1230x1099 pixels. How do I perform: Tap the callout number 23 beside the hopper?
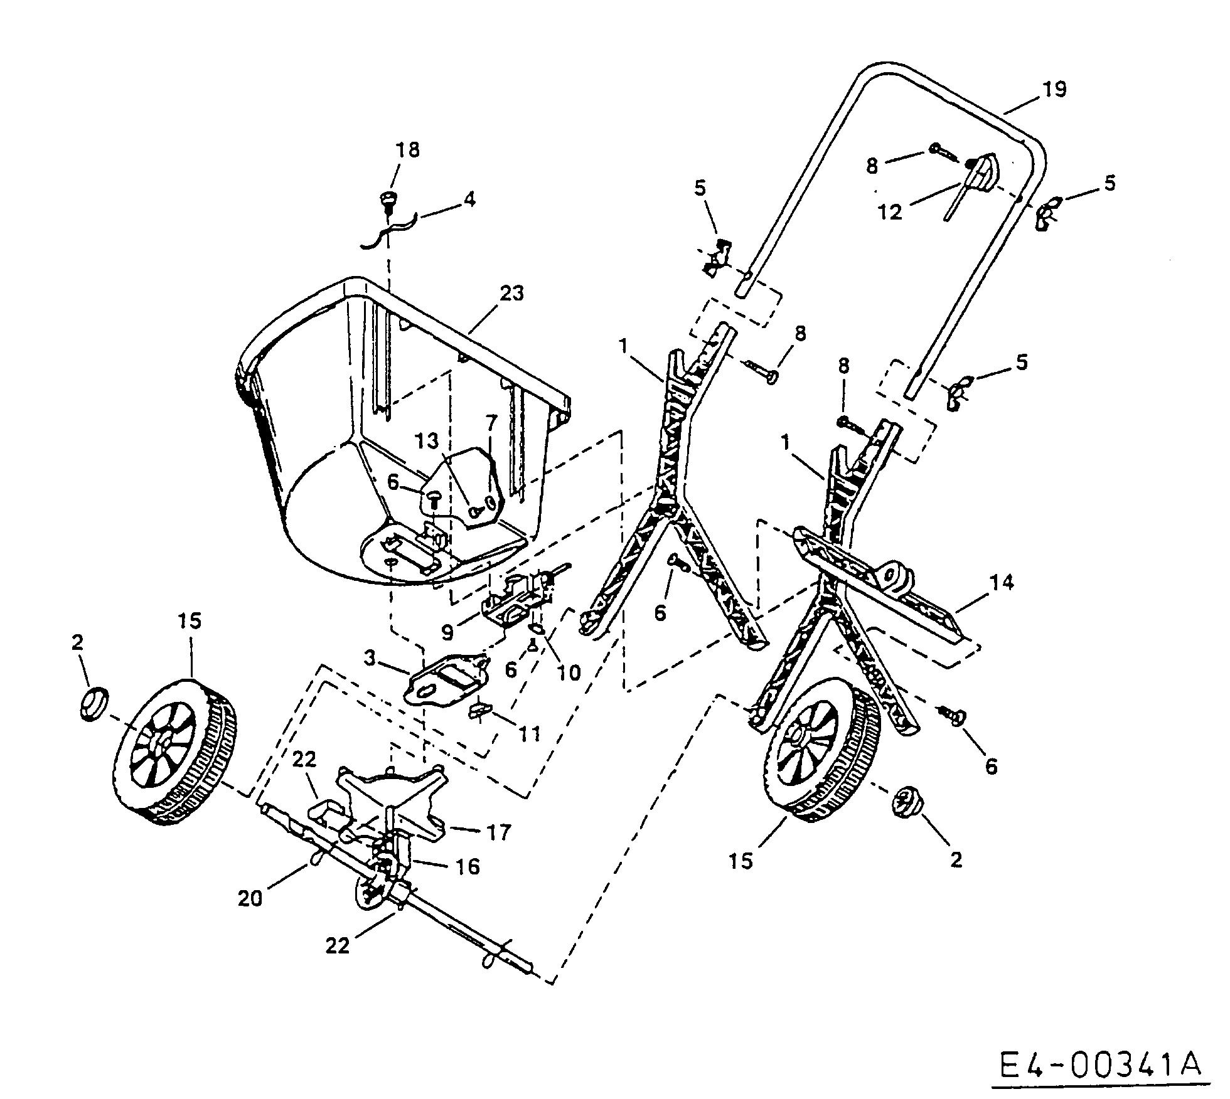tap(511, 294)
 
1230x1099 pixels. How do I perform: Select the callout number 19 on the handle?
tap(1055, 89)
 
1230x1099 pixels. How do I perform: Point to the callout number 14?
tap(1002, 583)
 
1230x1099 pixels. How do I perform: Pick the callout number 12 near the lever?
tap(890, 211)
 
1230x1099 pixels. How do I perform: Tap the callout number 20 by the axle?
tap(250, 899)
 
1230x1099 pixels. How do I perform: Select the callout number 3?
tap(370, 659)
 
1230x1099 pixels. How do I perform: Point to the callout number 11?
tap(530, 733)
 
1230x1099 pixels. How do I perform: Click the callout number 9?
tap(447, 632)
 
